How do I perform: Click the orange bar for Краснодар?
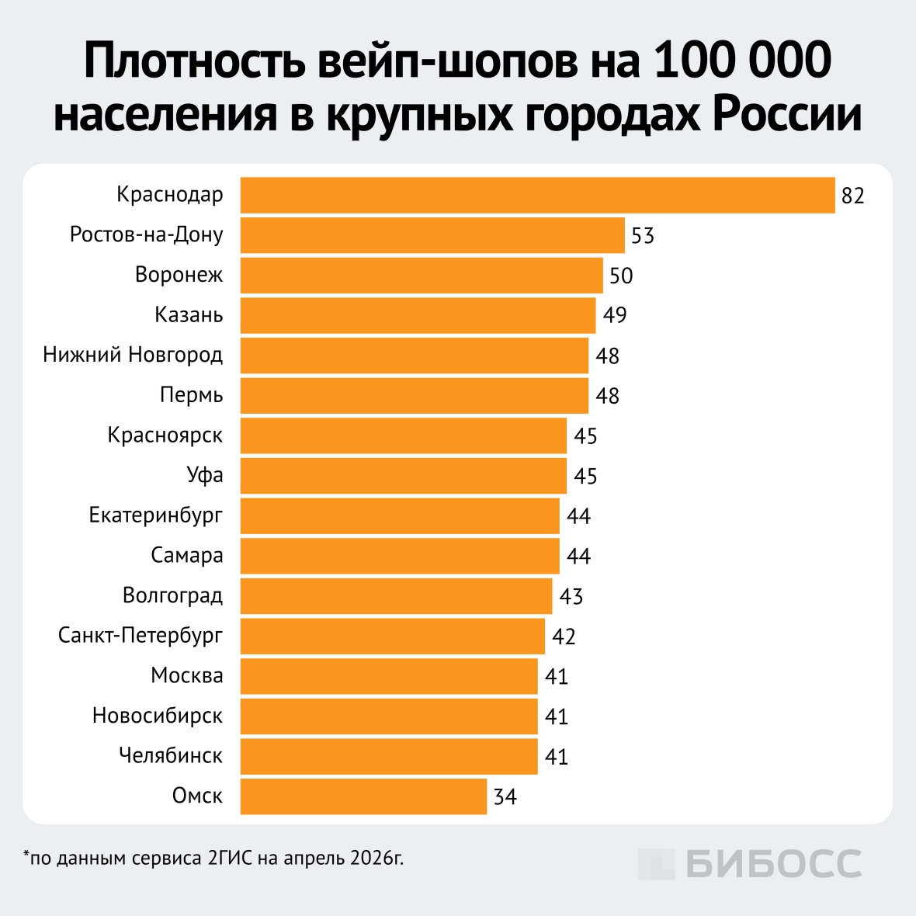pyautogui.click(x=537, y=195)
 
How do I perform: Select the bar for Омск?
pyautogui.click(x=363, y=796)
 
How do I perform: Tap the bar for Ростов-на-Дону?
pyautogui.click(x=432, y=235)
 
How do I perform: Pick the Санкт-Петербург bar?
pyautogui.click(x=392, y=637)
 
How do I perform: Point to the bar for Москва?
pyautogui.click(x=389, y=676)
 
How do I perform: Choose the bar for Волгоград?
pyautogui.click(x=396, y=596)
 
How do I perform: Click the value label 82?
pyautogui.click(x=852, y=196)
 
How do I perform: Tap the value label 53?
pyautogui.click(x=643, y=236)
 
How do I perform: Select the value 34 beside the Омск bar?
pyautogui.click(x=505, y=797)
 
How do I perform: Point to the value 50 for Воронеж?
pyautogui.click(x=621, y=276)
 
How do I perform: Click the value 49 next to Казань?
pyautogui.click(x=614, y=316)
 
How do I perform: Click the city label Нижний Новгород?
pyautogui.click(x=133, y=356)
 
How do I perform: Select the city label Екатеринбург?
pyautogui.click(x=156, y=515)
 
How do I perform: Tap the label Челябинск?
pyautogui.click(x=171, y=755)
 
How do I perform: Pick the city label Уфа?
pyautogui.click(x=205, y=475)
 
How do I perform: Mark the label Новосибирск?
pyautogui.click(x=158, y=716)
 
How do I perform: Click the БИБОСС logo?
pyautogui.click(x=750, y=864)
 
